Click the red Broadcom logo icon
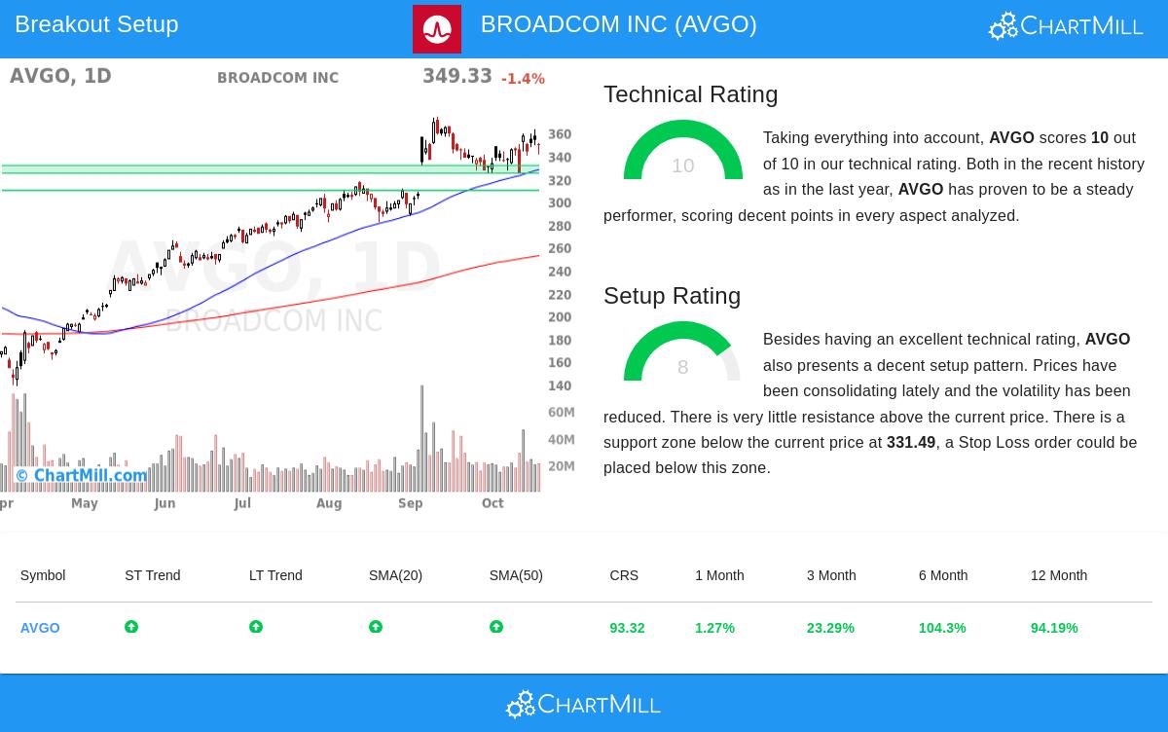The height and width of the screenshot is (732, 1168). pyautogui.click(x=437, y=29)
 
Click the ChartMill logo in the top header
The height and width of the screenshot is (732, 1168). pyautogui.click(x=1066, y=25)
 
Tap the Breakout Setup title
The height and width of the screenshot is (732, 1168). pyautogui.click(x=96, y=24)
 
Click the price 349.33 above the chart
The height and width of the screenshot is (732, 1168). pyautogui.click(x=456, y=76)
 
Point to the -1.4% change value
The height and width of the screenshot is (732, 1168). pyautogui.click(x=523, y=79)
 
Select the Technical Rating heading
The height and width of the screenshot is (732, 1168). pyautogui.click(x=690, y=94)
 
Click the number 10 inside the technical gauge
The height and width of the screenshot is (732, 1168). pyautogui.click(x=682, y=165)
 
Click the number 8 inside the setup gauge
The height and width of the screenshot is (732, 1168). pyautogui.click(x=682, y=367)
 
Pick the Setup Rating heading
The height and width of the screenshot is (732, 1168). pyautogui.click(x=672, y=296)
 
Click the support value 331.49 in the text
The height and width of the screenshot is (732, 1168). pyautogui.click(x=911, y=442)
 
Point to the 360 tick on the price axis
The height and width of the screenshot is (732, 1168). pyautogui.click(x=560, y=134)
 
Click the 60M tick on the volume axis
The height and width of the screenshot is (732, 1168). pyautogui.click(x=562, y=413)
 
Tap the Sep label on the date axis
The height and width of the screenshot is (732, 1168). pyautogui.click(x=410, y=503)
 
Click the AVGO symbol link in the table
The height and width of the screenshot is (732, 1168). pyautogui.click(x=40, y=628)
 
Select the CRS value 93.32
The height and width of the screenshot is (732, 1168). pyautogui.click(x=627, y=628)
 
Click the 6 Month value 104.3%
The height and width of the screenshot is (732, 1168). pyautogui.click(x=942, y=628)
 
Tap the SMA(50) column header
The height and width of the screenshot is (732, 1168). pyautogui.click(x=516, y=575)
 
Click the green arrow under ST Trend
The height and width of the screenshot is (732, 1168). pyautogui.click(x=131, y=627)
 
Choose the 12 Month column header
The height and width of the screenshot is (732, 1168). pyautogui.click(x=1059, y=575)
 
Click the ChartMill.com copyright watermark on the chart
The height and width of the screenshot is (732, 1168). pyautogui.click(x=82, y=476)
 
